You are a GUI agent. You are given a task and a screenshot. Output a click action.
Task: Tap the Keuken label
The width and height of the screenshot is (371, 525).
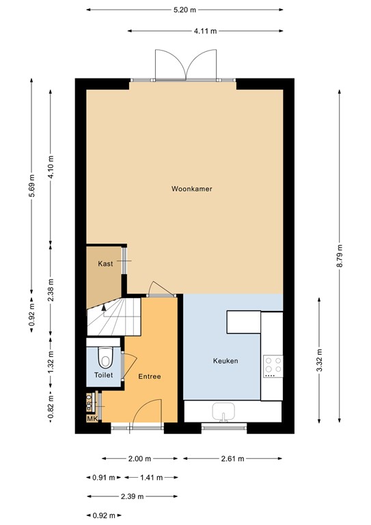225,361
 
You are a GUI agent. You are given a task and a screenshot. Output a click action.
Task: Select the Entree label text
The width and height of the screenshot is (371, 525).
150,376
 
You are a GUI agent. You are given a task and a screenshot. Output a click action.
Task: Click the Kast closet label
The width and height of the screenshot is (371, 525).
105,264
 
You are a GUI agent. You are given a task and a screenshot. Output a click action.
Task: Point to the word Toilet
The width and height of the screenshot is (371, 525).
103,375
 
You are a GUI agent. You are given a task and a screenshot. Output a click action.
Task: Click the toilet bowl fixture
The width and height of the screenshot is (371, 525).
105,356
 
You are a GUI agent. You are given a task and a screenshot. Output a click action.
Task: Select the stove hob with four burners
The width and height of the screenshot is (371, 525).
273,366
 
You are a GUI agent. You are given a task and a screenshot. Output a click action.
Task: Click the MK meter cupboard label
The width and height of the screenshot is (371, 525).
91,418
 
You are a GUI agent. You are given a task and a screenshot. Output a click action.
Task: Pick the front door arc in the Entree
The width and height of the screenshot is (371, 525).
146,413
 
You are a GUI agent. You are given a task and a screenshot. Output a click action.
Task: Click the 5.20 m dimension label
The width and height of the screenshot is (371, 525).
184,10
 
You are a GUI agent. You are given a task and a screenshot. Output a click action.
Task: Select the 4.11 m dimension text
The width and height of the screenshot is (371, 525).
204,31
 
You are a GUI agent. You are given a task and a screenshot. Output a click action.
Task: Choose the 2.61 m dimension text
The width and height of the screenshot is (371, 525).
233,459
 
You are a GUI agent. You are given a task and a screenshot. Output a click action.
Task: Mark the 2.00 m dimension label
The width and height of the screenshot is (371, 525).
139,459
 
